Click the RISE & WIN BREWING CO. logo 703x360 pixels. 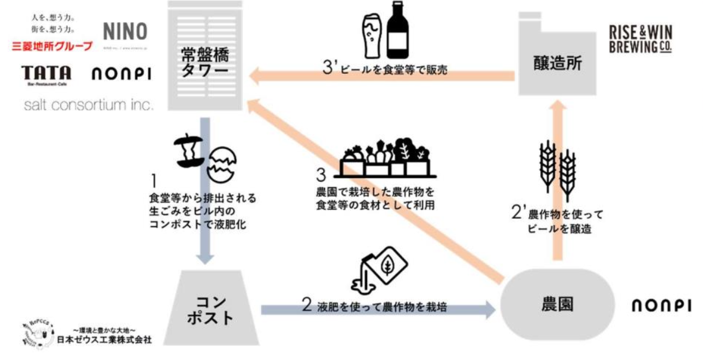click(640, 40)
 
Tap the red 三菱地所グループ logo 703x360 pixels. click(53, 46)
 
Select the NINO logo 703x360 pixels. click(125, 32)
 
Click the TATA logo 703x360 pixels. click(46, 74)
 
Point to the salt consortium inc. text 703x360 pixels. click(89, 105)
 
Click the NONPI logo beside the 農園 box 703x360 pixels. click(661, 306)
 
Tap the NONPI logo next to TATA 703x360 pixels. click(120, 75)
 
